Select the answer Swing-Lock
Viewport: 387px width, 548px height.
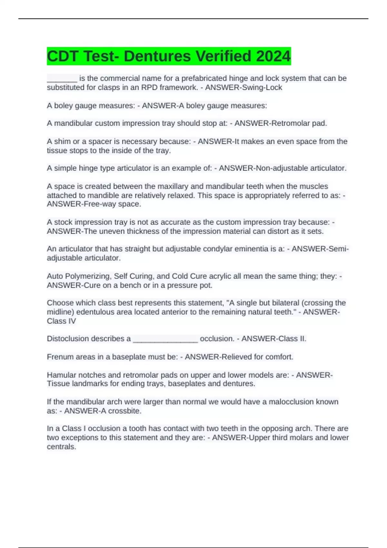(x=263, y=88)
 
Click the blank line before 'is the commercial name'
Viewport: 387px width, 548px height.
(x=62, y=79)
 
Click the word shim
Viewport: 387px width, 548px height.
(x=62, y=142)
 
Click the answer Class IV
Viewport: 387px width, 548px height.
(x=61, y=321)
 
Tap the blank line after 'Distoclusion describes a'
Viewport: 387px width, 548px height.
(x=165, y=339)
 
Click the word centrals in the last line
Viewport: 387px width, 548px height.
(x=61, y=447)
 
